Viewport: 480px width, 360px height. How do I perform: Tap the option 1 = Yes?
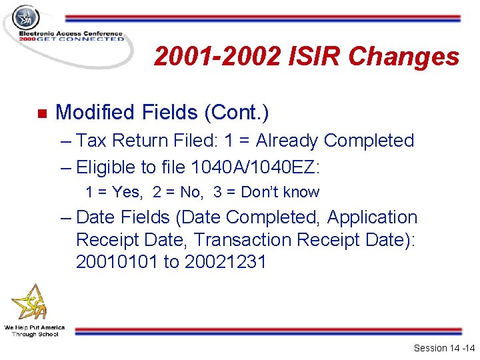[x=113, y=192]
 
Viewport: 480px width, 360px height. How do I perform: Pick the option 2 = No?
[x=177, y=192]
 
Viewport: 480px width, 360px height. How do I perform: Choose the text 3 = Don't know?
[x=267, y=192]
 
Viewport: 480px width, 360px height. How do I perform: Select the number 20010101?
[x=117, y=262]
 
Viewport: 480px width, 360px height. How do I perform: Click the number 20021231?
[x=225, y=262]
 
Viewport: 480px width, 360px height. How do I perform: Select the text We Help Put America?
[x=34, y=327]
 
